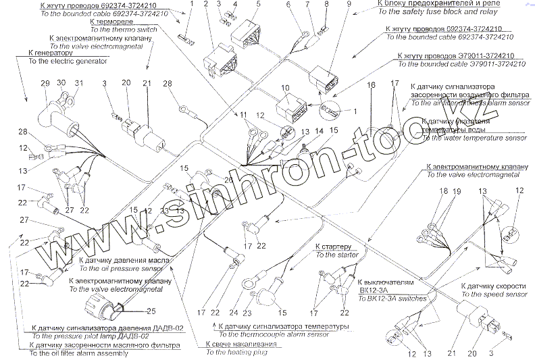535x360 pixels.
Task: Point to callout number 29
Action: (46, 83)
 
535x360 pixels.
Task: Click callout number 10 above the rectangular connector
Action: (285, 88)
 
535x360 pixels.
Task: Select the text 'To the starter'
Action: (336, 255)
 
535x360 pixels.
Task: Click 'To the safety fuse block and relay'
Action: (438, 12)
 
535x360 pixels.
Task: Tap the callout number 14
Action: (317, 130)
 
